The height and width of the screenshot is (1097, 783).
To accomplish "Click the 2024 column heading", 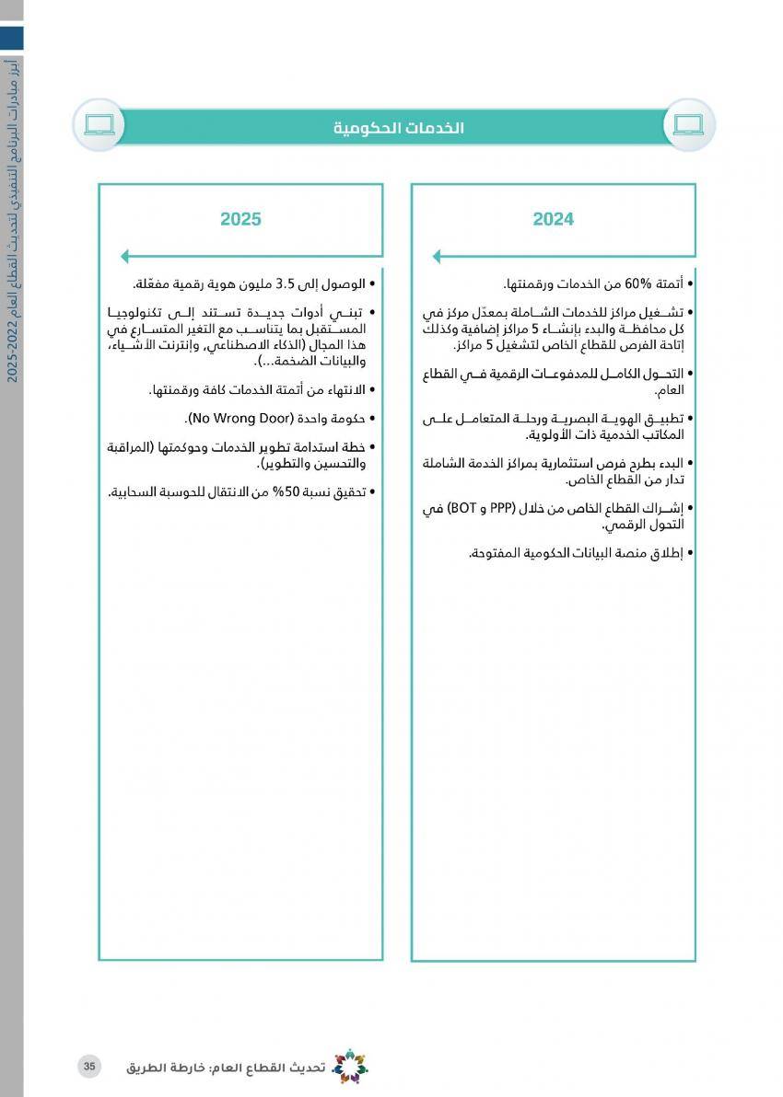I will click(553, 219).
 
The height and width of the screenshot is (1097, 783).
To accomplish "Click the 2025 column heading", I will click(240, 219).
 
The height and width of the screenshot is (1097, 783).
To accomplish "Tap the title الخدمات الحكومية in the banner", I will click(399, 128).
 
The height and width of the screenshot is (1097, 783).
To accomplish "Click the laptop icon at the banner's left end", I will click(99, 124).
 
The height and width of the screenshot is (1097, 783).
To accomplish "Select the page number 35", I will click(89, 1067).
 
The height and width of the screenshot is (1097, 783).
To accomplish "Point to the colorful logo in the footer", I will click(349, 1067).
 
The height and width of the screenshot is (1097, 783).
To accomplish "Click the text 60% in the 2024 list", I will click(637, 284).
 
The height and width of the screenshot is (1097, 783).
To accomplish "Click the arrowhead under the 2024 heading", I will click(438, 257).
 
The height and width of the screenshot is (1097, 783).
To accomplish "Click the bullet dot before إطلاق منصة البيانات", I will click(690, 554).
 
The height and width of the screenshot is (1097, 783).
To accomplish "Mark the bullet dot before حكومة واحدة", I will click(371, 420).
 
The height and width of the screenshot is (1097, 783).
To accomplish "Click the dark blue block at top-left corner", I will click(11, 38).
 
